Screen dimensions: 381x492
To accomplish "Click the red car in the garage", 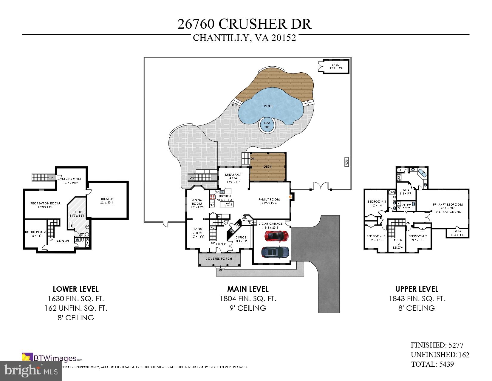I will pyautogui.click(x=276, y=236).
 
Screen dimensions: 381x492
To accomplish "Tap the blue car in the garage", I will pyautogui.click(x=275, y=252).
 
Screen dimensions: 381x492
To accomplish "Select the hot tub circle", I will pyautogui.click(x=267, y=125).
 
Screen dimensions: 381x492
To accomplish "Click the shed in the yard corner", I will pyautogui.click(x=335, y=66).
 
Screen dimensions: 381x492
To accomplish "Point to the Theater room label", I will pyautogui.click(x=106, y=201).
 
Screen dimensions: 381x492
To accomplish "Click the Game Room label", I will pyautogui.click(x=71, y=181).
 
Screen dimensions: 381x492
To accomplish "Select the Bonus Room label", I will pyautogui.click(x=35, y=234).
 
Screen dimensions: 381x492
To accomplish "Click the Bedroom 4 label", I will pyautogui.click(x=377, y=203).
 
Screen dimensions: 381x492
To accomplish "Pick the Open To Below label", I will pyautogui.click(x=398, y=244).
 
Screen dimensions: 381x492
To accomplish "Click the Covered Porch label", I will pyautogui.click(x=219, y=258).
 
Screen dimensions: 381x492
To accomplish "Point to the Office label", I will pyautogui.click(x=241, y=239).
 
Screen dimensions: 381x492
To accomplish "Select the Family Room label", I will pyautogui.click(x=269, y=201).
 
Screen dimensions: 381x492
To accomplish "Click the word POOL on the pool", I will pyautogui.click(x=268, y=106).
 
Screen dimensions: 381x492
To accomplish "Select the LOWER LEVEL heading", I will pyautogui.click(x=75, y=289).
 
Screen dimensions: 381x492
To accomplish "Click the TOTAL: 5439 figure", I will pyautogui.click(x=432, y=364).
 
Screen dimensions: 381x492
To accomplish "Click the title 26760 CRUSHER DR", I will pyautogui.click(x=245, y=24).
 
